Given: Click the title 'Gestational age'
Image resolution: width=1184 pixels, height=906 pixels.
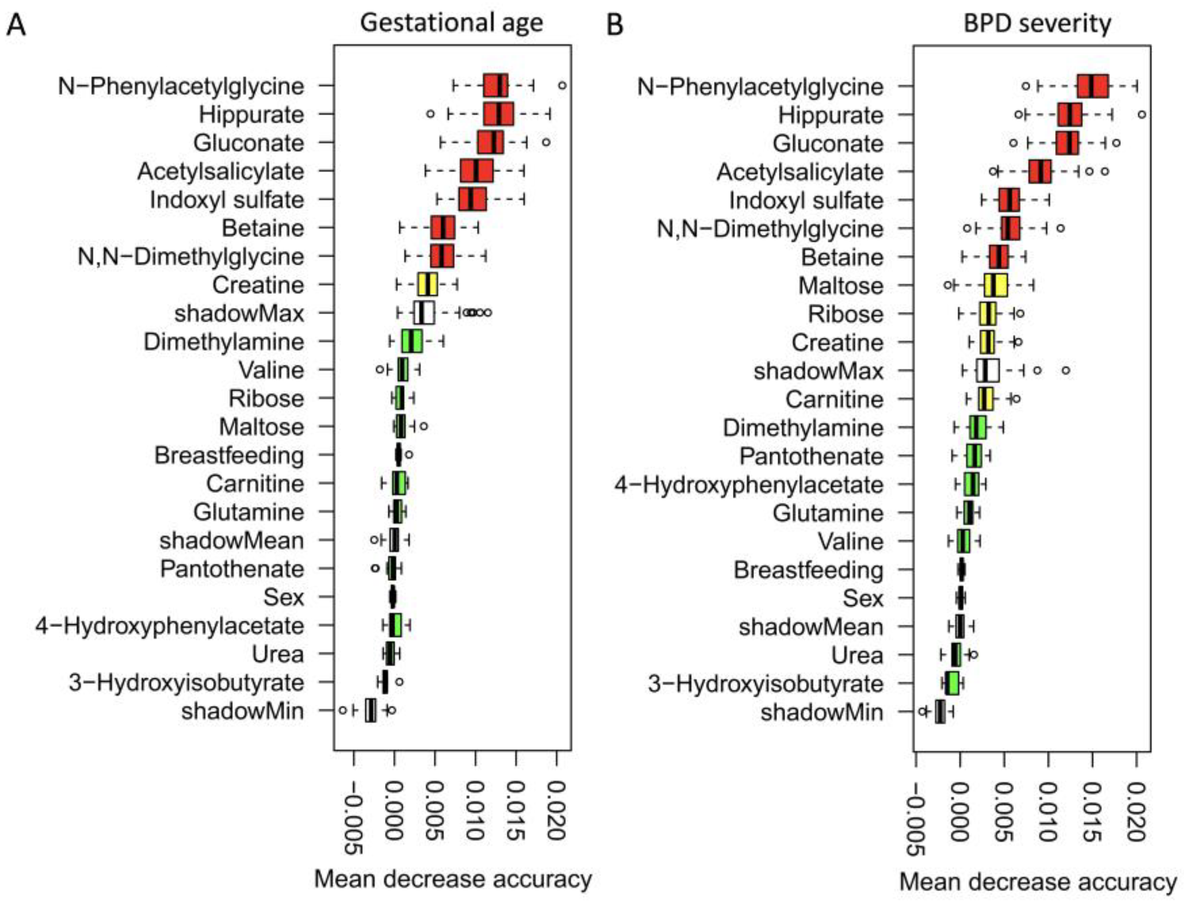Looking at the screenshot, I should pos(451,23).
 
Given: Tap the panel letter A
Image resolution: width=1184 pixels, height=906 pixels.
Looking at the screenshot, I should pos(16,25).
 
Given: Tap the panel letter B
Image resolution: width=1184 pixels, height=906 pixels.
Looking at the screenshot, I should pos(615,25).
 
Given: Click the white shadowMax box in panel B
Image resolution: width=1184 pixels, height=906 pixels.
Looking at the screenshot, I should pos(988,371).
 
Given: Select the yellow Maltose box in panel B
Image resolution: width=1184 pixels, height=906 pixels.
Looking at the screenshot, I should pos(996,285).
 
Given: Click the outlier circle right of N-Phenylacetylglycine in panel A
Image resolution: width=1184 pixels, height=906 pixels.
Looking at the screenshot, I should pos(562,85).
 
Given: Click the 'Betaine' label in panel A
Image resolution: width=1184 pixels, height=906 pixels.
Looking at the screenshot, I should pos(263,228).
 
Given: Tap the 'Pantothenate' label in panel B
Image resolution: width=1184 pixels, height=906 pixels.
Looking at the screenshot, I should pos(811,456).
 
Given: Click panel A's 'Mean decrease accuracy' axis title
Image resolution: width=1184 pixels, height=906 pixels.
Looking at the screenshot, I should pos(453,879).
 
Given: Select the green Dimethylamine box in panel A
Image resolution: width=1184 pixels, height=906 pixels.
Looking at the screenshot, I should pos(412,341).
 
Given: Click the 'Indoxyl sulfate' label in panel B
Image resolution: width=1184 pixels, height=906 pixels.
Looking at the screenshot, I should pos(806,201).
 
